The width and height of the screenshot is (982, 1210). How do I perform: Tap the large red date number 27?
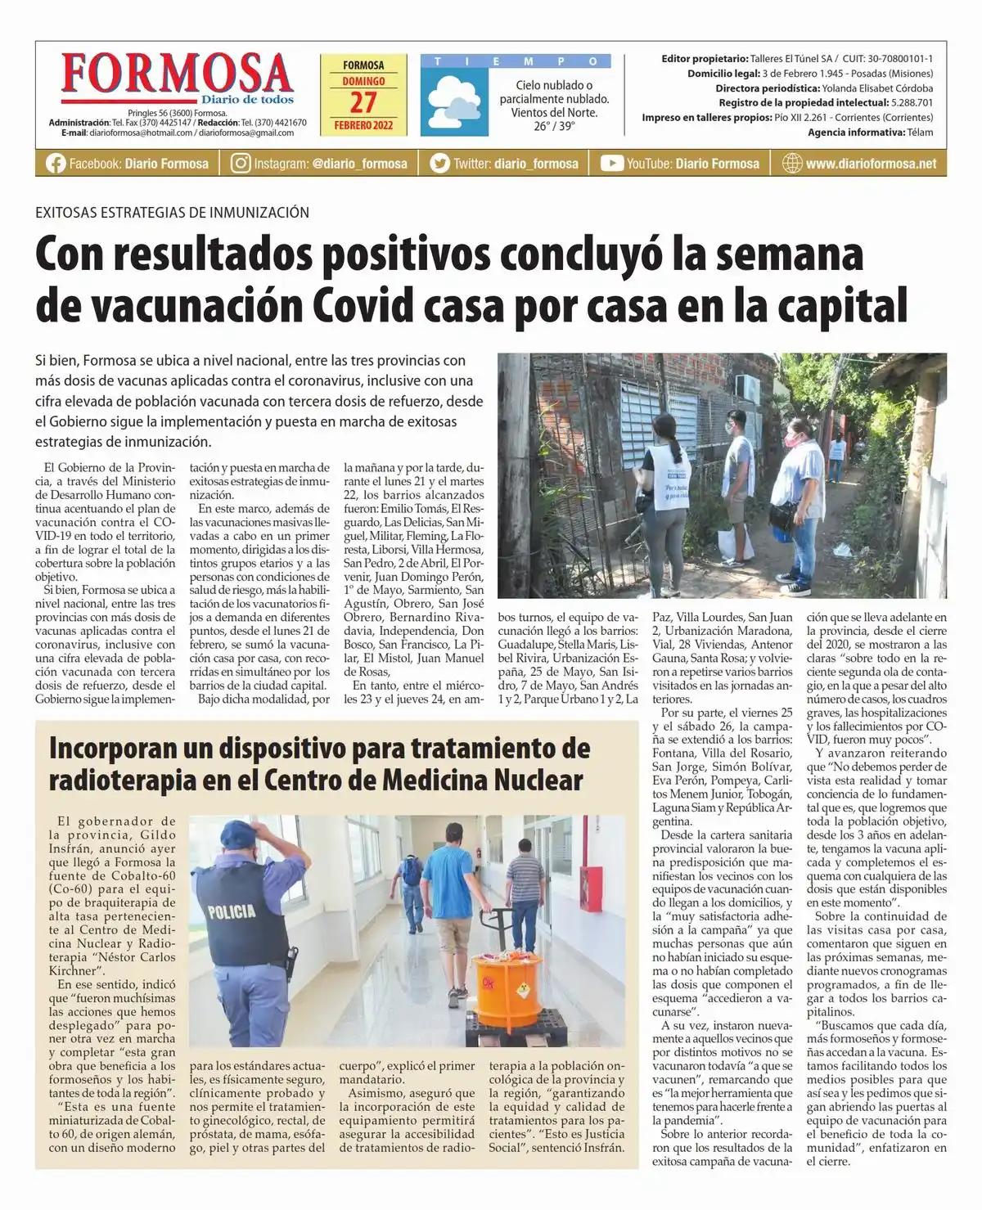click(x=363, y=103)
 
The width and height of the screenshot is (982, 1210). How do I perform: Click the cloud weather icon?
click(x=454, y=101)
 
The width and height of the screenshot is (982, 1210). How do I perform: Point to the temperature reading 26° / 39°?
click(x=554, y=126)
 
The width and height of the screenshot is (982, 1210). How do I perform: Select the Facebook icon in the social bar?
click(x=56, y=164)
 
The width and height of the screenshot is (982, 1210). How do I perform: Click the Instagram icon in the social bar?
click(x=241, y=164)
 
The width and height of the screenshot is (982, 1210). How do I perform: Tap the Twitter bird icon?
click(x=440, y=164)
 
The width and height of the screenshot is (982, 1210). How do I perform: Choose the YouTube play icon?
click(x=611, y=164)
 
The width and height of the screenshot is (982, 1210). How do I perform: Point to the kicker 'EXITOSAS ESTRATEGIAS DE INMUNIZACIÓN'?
click(x=172, y=213)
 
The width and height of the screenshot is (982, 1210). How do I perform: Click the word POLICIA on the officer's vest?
click(x=232, y=911)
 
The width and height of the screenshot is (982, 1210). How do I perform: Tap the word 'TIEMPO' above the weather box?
click(x=516, y=61)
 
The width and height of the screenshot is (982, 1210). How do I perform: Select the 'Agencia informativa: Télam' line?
click(x=870, y=133)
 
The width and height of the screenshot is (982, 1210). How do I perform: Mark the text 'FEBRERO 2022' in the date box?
click(x=363, y=125)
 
